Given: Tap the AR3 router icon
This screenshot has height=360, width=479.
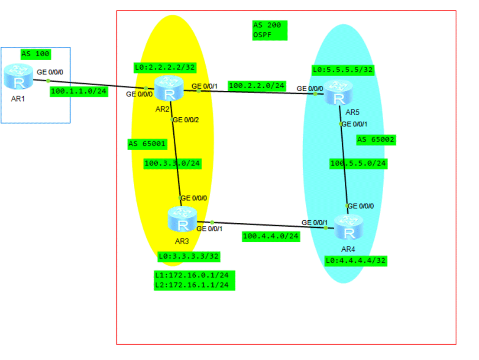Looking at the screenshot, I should pyautogui.click(x=182, y=219).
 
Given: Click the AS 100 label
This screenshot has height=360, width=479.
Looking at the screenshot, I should pyautogui.click(x=36, y=54).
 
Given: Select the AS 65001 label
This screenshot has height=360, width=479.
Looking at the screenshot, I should pyautogui.click(x=147, y=144).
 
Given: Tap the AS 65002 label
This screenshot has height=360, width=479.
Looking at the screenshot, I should pyautogui.click(x=376, y=139).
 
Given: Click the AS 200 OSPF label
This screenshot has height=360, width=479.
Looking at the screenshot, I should pyautogui.click(x=270, y=30).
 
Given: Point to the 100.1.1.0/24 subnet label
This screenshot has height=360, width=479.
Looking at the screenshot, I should pyautogui.click(x=79, y=91).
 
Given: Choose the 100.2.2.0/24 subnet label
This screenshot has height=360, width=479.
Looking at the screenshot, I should pyautogui.click(x=256, y=86).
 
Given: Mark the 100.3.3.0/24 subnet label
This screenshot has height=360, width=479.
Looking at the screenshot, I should pyautogui.click(x=173, y=164).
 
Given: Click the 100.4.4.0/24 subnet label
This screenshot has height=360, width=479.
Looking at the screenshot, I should pyautogui.click(x=271, y=236).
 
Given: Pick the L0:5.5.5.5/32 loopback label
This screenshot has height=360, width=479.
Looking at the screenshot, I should pyautogui.click(x=343, y=69).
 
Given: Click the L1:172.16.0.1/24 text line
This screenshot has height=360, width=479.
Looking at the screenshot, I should pyautogui.click(x=194, y=275).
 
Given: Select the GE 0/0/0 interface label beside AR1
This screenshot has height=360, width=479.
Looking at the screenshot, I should pyautogui.click(x=50, y=72).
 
